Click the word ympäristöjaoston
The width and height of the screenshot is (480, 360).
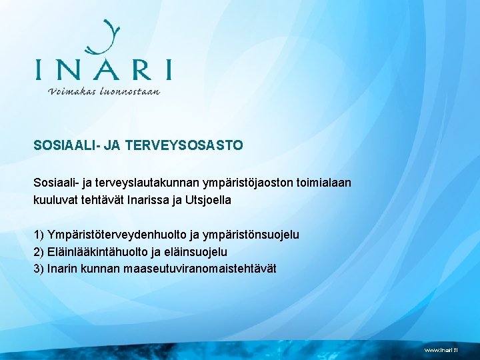tap(233, 182)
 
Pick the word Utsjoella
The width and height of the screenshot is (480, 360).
tap(209, 199)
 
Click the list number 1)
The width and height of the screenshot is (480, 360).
tap(39, 235)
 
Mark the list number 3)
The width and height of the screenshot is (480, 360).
tap(39, 269)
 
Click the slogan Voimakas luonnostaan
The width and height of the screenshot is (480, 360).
tap(104, 91)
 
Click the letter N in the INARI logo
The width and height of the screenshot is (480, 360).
tap(71, 70)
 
